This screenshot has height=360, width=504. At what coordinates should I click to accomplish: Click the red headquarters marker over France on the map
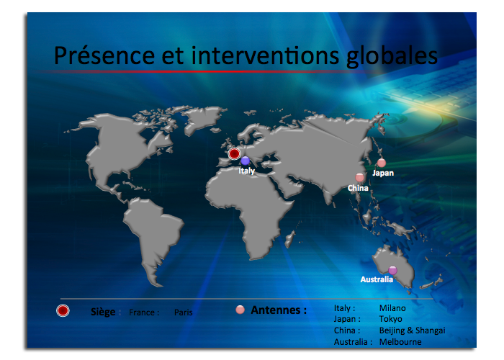[234, 153]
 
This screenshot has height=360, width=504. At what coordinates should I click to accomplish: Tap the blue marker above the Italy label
[246, 161]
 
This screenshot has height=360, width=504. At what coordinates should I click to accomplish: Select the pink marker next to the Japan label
[382, 163]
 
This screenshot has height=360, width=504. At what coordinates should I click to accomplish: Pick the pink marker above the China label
[360, 177]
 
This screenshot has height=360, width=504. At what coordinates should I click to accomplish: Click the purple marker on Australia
[392, 270]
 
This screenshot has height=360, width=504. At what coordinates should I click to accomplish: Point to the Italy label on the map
[246, 171]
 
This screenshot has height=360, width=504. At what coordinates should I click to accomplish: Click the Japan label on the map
[383, 173]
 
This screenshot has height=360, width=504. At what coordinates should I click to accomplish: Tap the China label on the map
[358, 188]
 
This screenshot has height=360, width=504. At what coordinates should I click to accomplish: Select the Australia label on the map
[377, 279]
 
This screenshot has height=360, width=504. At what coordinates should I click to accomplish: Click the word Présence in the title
[104, 55]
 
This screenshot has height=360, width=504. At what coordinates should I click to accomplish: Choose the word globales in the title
[392, 57]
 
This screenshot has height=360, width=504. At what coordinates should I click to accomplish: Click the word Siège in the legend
[103, 312]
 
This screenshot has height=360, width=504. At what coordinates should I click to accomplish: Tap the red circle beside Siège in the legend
[63, 310]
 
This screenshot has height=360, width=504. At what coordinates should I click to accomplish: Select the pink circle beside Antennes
[240, 310]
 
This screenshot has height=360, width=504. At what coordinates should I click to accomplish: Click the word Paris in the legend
[183, 312]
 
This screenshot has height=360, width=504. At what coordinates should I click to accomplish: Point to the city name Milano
[392, 308]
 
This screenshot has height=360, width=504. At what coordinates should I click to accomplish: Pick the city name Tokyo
[390, 319]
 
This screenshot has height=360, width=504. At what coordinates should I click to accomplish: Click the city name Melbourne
[400, 342]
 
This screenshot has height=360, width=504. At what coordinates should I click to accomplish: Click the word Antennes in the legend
[276, 310]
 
